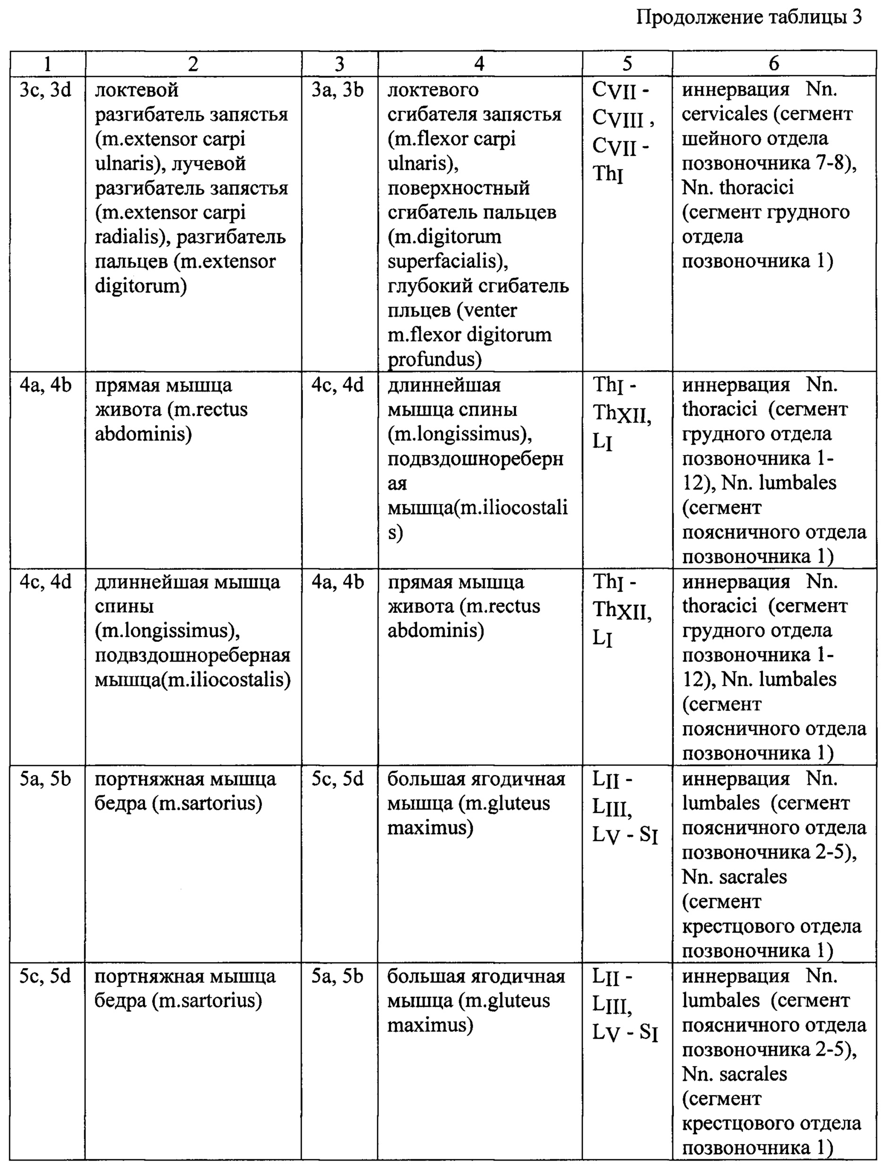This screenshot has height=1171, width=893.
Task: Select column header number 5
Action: tap(627, 64)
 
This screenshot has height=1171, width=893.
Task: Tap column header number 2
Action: tap(193, 64)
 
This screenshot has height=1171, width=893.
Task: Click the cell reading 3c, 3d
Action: tap(46, 90)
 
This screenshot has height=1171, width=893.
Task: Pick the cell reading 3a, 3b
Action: tap(338, 90)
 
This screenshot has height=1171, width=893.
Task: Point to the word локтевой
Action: tap(137, 90)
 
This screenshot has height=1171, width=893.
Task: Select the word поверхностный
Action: tap(458, 188)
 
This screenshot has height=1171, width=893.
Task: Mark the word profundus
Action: tap(434, 360)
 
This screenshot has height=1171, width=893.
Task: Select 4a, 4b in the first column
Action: tap(46, 385)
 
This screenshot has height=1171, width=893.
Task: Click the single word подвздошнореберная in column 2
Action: tap(193, 655)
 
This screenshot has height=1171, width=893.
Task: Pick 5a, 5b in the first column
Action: tap(46, 779)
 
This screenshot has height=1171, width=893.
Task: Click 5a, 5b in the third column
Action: tap(338, 976)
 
